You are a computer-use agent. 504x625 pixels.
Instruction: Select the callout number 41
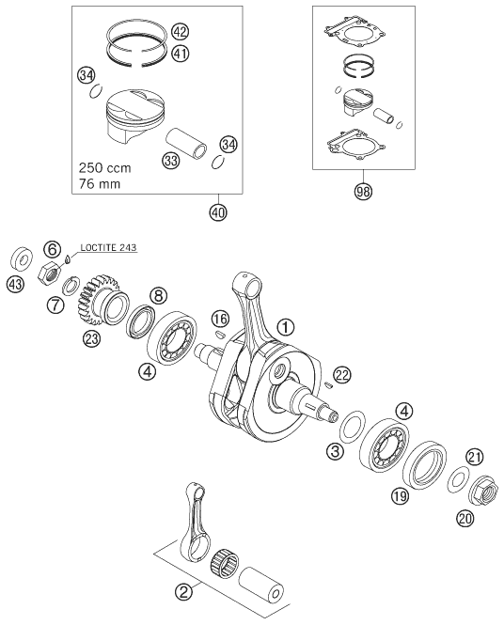click(181, 54)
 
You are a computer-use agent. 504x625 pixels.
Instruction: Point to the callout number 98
click(362, 192)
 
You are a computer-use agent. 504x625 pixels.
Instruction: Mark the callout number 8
click(158, 295)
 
